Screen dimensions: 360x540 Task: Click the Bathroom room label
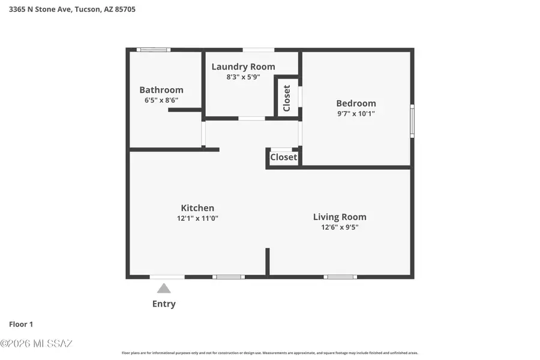(x=161, y=90)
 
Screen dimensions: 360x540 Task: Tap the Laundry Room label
(x=243, y=67)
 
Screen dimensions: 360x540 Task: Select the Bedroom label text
(x=356, y=103)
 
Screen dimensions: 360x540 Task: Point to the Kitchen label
(x=197, y=208)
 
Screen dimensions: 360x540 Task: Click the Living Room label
(x=340, y=217)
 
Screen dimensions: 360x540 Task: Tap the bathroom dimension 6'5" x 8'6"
(x=161, y=100)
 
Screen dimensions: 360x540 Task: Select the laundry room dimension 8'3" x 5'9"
(x=243, y=77)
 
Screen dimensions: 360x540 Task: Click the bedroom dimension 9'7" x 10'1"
(x=356, y=113)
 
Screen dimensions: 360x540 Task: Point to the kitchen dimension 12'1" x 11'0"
(x=197, y=218)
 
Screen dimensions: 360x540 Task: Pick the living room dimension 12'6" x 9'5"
(x=340, y=227)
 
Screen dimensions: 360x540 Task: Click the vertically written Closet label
(x=287, y=98)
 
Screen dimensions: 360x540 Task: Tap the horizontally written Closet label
(x=283, y=157)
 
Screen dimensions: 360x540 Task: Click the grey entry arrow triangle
(x=164, y=289)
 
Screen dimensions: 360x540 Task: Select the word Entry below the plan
(x=164, y=304)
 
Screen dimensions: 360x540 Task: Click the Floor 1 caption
(x=21, y=324)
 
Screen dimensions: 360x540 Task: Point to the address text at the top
(x=72, y=10)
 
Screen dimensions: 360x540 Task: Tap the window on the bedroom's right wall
(x=412, y=121)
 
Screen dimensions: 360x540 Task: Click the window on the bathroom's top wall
(x=153, y=49)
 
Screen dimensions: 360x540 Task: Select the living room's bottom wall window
(x=340, y=277)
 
